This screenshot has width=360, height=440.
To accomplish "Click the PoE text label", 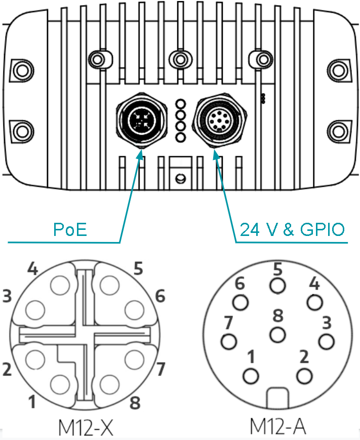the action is pos(70,229).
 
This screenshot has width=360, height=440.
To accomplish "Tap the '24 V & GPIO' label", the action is pos(292,229).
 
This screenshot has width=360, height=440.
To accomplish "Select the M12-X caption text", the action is pos(86,427).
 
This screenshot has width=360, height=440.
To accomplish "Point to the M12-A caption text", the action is pos(277,426).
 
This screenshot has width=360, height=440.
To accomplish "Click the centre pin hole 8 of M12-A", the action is pos(277,335).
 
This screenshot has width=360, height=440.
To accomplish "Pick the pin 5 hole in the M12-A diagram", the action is pos(277,286).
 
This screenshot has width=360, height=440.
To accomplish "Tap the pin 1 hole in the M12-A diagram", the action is pos(251,376).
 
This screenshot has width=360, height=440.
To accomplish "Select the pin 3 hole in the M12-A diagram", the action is pos(327,341).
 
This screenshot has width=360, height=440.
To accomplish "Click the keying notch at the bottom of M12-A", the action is pos(277,398).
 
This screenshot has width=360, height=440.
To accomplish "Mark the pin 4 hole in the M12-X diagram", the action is pos(60,285).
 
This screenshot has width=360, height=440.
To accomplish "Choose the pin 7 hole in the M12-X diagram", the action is pos(134,359).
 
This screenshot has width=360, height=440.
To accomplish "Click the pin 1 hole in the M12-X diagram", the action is pos(60,384).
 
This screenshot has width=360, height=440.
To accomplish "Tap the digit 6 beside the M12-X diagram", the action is pos(160,296).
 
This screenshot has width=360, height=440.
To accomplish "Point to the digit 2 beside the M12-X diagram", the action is pos(7,369).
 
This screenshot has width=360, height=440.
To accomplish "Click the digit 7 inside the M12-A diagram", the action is pos(228,322).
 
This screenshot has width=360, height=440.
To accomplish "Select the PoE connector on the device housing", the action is pos(142,121).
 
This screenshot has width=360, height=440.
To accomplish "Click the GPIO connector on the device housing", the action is pos(220,121).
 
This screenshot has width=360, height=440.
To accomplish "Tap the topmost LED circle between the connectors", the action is pos(181,104).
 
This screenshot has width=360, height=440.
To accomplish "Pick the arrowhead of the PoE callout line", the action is pos(141,154).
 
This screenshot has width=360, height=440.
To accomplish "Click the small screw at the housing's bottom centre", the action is pos(180,178).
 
